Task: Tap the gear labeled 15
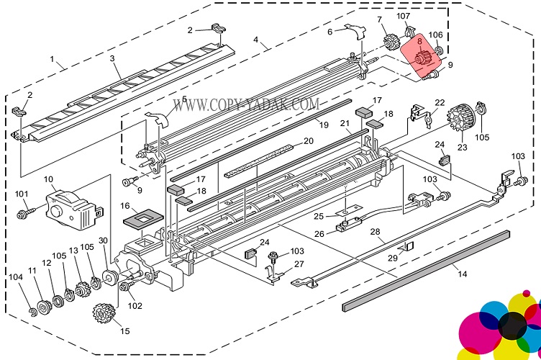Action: [105, 315]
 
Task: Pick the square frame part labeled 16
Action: [144, 217]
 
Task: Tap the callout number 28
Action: [375, 231]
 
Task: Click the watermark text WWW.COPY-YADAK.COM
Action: [246, 105]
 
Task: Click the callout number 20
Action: [309, 140]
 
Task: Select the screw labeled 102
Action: [128, 288]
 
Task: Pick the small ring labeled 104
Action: [32, 310]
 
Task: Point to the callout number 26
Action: [320, 233]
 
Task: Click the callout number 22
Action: [440, 102]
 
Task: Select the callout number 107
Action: [404, 16]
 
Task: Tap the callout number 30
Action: [103, 240]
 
